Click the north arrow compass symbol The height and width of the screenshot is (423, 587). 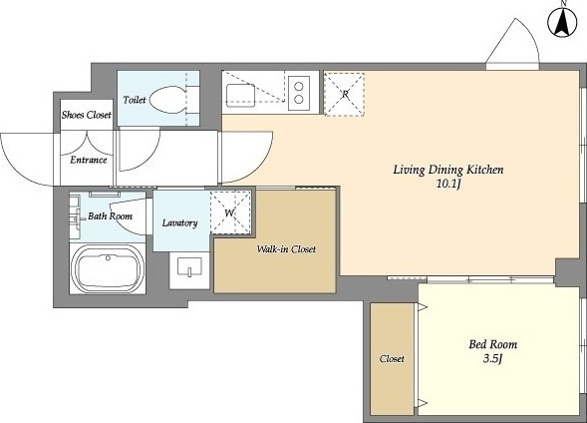pos(562,23)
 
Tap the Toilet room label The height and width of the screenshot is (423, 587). pos(135,100)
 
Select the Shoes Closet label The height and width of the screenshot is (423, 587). pos(87,115)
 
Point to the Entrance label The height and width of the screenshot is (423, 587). pos(89,160)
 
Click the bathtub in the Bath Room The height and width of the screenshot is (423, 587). pos(108,268)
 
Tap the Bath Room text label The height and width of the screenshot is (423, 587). pos(110,216)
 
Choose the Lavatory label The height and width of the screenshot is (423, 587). pos(179,222)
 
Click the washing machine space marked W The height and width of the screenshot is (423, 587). pos(230,212)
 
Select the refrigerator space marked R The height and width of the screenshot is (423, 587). pos(345,95)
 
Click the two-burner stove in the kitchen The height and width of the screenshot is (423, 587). pos(299,93)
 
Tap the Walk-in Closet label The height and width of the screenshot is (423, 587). pos(286,249)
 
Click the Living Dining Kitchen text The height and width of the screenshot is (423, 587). pos(448,171)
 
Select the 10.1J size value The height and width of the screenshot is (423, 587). pos(448,185)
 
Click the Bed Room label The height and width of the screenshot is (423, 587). pos(493,344)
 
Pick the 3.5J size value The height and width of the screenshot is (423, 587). pos(492,359)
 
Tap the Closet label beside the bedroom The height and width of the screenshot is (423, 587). pos(392,359)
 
